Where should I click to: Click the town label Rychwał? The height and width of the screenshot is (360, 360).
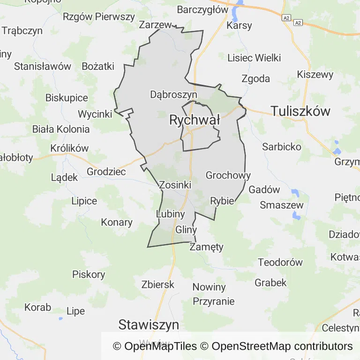pos(195,120)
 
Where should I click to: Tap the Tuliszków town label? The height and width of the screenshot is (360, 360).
pos(300,111)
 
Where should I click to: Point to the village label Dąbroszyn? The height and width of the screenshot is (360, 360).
pos(173,94)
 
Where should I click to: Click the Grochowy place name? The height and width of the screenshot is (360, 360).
pos(228,176)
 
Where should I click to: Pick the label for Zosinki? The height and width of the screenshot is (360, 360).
pos(175,185)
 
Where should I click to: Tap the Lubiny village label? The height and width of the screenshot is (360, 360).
pos(170,214)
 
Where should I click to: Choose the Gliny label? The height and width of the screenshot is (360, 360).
pos(186,230)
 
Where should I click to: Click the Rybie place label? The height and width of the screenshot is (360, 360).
pos(222,201)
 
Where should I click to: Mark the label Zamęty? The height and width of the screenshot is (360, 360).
pos(206,247)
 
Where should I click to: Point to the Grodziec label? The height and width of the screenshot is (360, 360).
pos(106,172)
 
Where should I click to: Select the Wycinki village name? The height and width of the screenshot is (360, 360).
pos(95,114)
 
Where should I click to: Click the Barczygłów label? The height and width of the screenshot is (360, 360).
pos(202,9)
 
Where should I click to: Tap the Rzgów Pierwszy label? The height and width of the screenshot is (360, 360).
pos(99,17)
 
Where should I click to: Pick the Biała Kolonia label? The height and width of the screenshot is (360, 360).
pos(61,129)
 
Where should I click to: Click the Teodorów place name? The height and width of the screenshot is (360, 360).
pos(281,262)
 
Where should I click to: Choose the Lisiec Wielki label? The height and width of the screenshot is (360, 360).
pos(254,58)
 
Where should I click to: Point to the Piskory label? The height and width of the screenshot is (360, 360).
pos(89,274)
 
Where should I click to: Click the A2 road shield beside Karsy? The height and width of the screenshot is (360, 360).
pos(286,18)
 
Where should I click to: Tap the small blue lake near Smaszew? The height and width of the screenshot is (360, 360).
pos(296,215)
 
